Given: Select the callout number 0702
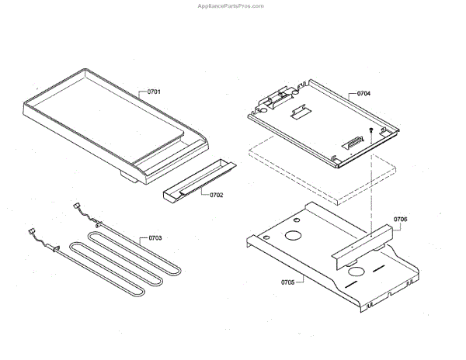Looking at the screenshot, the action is [216, 194].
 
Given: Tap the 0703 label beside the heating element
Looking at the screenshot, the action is [155, 238].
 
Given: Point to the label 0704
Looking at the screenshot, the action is [363, 93].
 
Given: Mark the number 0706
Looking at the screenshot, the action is [400, 220].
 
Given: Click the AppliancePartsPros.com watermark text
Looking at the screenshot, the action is [232, 5].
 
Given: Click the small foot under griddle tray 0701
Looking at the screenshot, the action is [126, 182].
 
